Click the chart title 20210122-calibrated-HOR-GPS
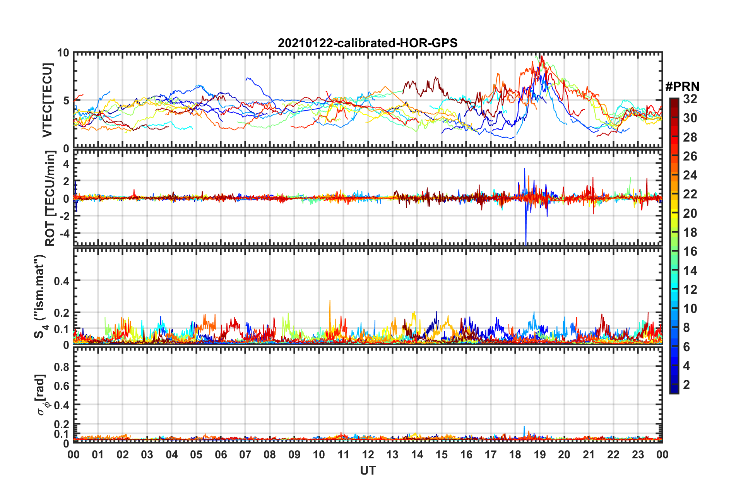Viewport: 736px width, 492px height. pyautogui.click(x=368, y=43)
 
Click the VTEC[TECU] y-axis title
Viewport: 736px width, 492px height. pyautogui.click(x=47, y=100)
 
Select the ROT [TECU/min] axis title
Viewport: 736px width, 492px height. pyautogui.click(x=50, y=198)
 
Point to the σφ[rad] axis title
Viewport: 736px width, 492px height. pyautogui.click(x=41, y=395)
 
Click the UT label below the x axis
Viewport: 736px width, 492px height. pyautogui.click(x=368, y=470)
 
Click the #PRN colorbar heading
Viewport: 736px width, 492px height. pyautogui.click(x=682, y=86)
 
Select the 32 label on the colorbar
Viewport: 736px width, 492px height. pyautogui.click(x=690, y=99)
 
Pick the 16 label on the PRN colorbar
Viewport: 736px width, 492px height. pyautogui.click(x=690, y=251)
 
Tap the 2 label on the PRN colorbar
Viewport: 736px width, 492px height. pyautogui.click(x=686, y=384)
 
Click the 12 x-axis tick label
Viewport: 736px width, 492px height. pyautogui.click(x=368, y=454)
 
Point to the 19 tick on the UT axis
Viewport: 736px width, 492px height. pyautogui.click(x=540, y=454)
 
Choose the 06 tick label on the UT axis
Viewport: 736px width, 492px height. pyautogui.click(x=221, y=454)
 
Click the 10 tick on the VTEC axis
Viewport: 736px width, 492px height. pyautogui.click(x=63, y=53)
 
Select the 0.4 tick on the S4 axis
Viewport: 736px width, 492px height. pyautogui.click(x=62, y=281)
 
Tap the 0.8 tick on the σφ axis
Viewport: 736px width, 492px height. pyautogui.click(x=62, y=367)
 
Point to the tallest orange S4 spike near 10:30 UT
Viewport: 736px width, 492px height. pyautogui.click(x=330, y=301)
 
